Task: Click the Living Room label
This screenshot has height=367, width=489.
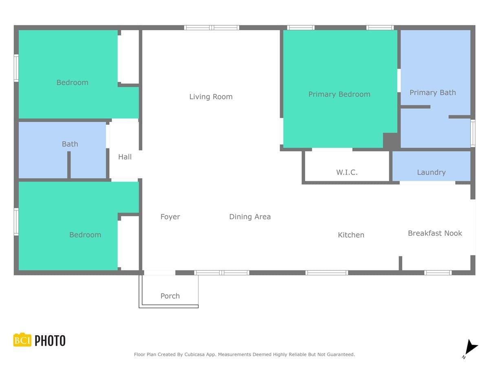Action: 211,97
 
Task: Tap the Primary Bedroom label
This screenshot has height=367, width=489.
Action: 339,94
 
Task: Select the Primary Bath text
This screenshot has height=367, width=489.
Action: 432,93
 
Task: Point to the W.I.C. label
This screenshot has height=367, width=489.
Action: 347,172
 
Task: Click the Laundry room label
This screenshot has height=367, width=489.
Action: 431,172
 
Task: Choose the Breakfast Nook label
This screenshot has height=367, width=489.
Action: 435,233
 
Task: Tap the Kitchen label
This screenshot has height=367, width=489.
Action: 351,235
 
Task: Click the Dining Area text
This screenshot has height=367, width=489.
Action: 250,217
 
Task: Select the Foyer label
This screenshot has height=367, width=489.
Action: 170,217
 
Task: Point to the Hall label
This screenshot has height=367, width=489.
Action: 125,157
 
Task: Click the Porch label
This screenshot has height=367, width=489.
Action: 170,296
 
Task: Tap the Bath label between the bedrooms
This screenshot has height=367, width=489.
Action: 70,144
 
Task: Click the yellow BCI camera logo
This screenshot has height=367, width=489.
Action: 22,339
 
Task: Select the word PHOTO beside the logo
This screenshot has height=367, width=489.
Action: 50,340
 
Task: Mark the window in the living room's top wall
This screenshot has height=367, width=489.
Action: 211,28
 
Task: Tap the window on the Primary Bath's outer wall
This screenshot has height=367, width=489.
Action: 473,133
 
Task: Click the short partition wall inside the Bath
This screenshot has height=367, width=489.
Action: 69,165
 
